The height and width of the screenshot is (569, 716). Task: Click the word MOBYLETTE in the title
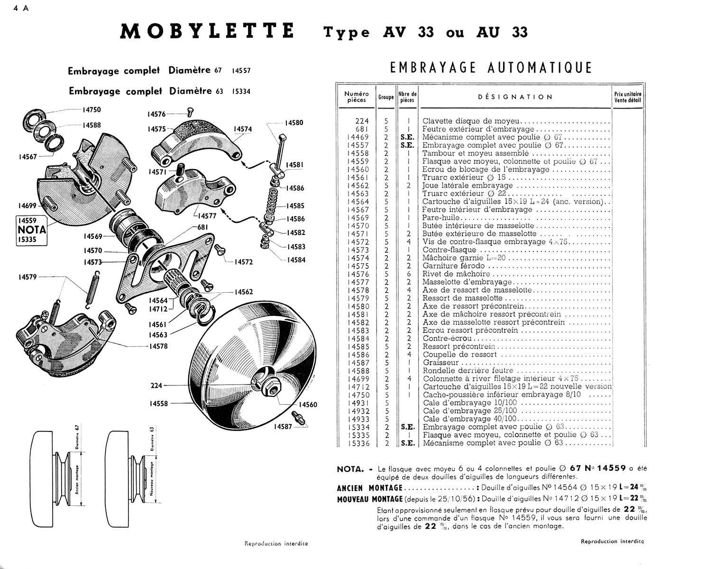click(x=207, y=32)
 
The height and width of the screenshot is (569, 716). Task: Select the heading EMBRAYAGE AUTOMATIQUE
click(x=491, y=68)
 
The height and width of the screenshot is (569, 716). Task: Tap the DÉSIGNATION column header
click(x=515, y=97)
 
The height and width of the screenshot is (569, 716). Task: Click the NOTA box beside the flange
click(x=32, y=230)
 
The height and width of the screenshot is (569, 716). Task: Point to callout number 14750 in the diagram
click(x=91, y=110)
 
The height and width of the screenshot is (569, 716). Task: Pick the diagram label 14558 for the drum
click(x=159, y=403)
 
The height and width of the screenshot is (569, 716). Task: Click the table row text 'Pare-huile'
click(x=442, y=218)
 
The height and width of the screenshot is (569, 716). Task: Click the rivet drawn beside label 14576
click(x=191, y=112)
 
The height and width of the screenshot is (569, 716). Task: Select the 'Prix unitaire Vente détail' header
click(x=627, y=97)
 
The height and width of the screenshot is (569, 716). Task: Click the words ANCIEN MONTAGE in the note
click(x=369, y=488)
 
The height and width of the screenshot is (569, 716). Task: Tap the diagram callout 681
click(x=202, y=227)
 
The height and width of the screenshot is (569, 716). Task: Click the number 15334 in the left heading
click(x=241, y=92)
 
